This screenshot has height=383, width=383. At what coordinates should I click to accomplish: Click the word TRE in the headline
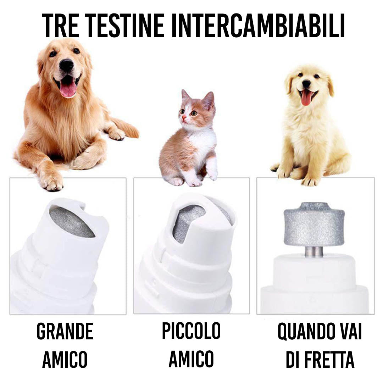(x=60, y=26)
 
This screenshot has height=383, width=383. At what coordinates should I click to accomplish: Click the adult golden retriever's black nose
(x=66, y=65)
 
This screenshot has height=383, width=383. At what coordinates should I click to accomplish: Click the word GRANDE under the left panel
(x=65, y=331)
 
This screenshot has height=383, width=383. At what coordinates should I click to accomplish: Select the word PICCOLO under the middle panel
(x=191, y=331)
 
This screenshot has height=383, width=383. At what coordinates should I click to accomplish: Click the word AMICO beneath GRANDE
(x=65, y=359)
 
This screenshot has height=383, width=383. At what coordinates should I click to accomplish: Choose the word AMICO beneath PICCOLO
(x=191, y=359)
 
